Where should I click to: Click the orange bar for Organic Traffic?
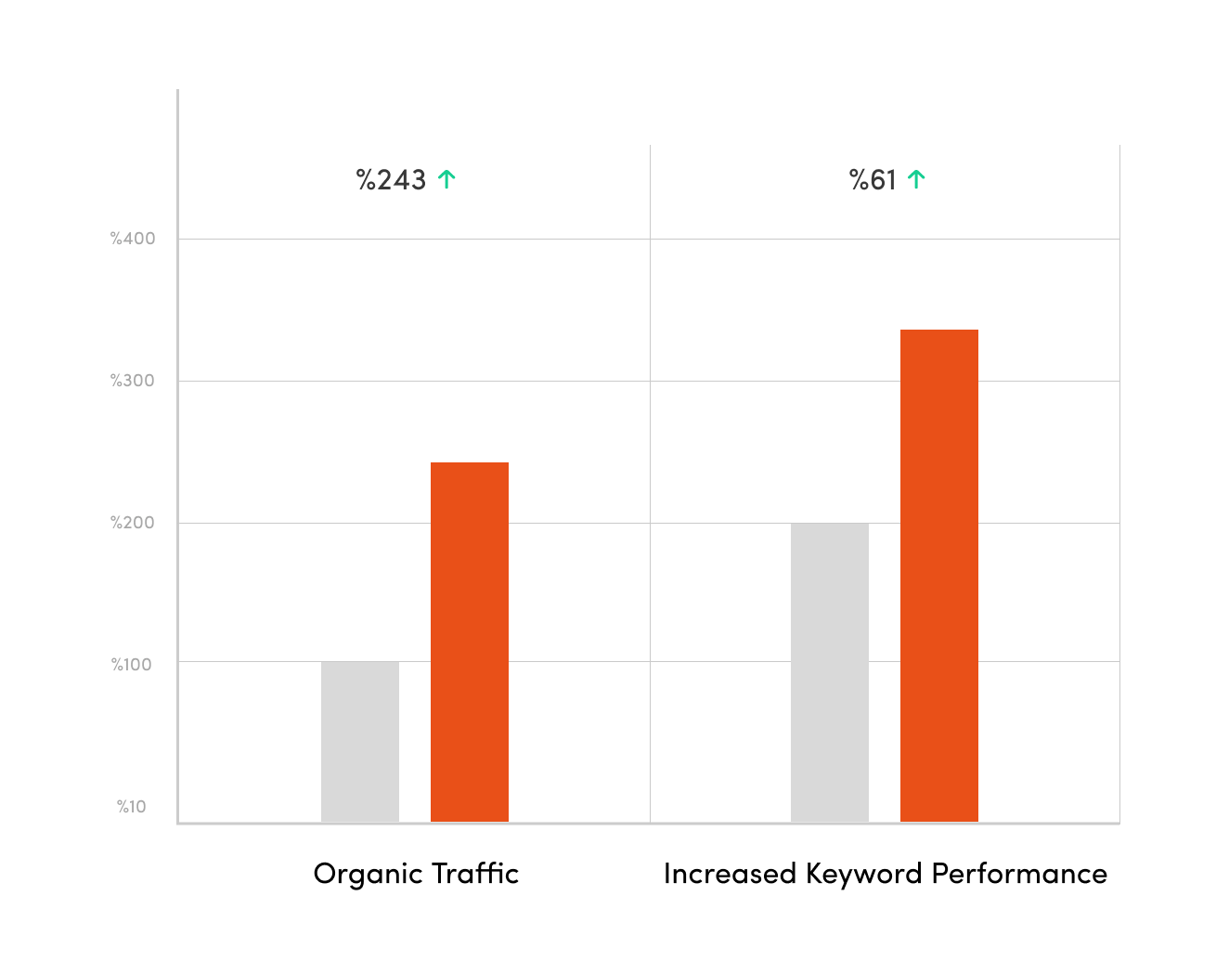469,642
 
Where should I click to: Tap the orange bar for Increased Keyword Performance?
938,576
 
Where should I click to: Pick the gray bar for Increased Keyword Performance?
829,672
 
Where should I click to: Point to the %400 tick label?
133,239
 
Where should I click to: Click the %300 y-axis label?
133,381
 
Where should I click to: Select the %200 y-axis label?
133,523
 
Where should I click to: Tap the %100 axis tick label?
132,665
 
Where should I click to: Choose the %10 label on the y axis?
132,807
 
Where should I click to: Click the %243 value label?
391,179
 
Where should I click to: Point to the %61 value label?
873,179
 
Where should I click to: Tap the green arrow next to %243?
446,179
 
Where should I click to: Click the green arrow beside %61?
916,179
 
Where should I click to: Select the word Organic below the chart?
368,875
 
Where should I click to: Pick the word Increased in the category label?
730,874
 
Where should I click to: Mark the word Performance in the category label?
1019,874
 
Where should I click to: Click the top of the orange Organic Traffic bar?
469,463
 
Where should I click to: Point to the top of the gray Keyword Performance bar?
829,525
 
